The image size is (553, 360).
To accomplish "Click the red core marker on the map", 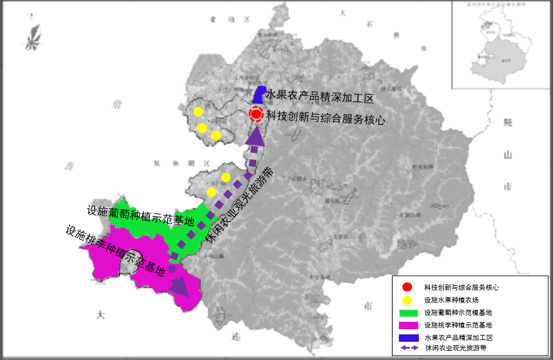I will pos(256,114).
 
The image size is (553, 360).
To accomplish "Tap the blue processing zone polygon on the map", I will pos(259,95).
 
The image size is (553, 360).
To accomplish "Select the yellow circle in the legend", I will pos(406,300).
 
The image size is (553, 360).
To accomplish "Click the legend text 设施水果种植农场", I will pos(451,300).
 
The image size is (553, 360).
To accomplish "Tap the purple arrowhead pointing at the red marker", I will pos(254,137).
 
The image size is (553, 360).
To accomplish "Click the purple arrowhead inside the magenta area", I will pos(180,286).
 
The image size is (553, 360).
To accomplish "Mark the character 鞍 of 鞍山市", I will pos(508,123).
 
